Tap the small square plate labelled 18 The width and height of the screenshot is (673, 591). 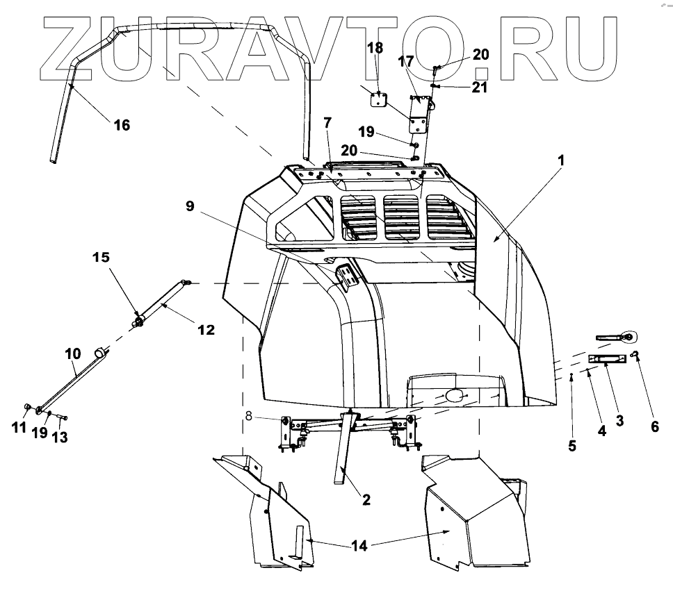pyautogui.click(x=378, y=99)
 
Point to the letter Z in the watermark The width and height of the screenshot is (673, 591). pyautogui.click(x=76, y=49)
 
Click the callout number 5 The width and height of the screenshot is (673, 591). pyautogui.click(x=572, y=446)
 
